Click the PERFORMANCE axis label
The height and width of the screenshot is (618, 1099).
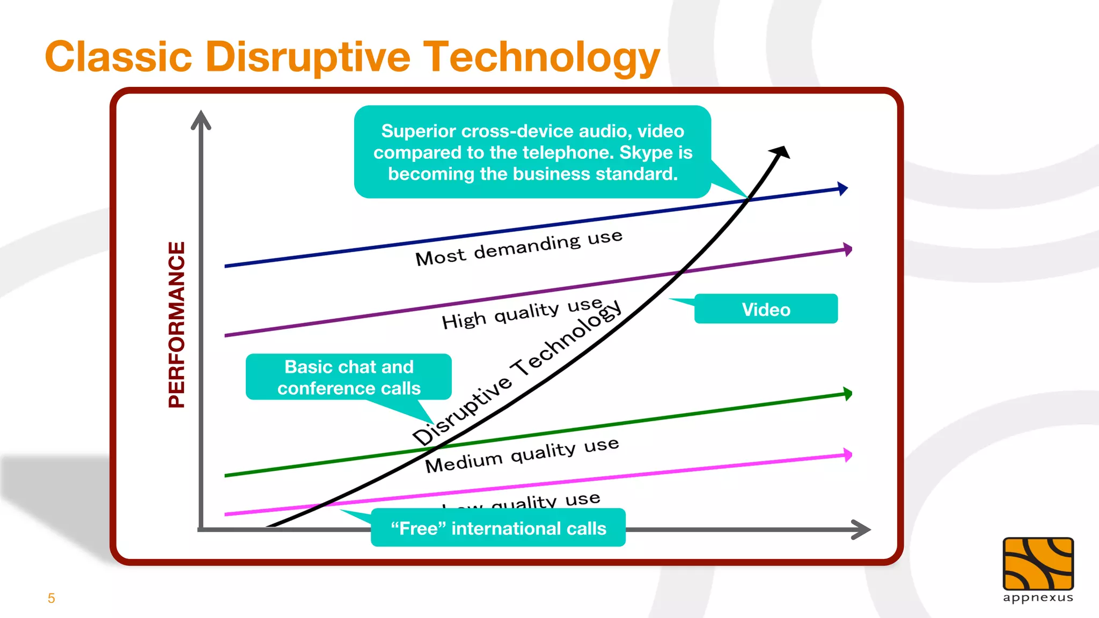pyautogui.click(x=177, y=324)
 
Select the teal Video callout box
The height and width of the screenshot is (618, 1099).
pyautogui.click(x=766, y=309)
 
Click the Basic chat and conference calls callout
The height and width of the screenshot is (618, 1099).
pyautogui.click(x=349, y=377)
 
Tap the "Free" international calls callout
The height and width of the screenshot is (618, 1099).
pyautogui.click(x=498, y=528)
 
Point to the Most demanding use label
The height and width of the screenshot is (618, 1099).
pyautogui.click(x=518, y=248)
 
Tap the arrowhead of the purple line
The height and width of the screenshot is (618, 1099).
pyautogui.click(x=847, y=249)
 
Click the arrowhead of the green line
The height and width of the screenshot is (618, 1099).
pyautogui.click(x=847, y=394)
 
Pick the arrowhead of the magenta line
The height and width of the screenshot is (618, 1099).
pyautogui.click(x=847, y=455)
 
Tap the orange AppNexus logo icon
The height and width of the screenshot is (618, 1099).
pyautogui.click(x=1038, y=563)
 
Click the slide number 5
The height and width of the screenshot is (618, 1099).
pyautogui.click(x=52, y=598)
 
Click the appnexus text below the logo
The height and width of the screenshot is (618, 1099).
pyautogui.click(x=1038, y=598)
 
